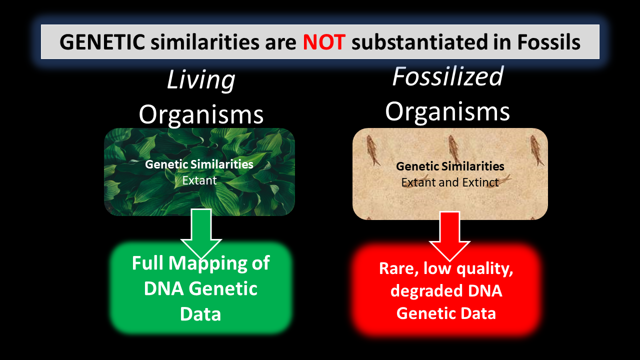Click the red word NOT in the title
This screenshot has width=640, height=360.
pos(324,42)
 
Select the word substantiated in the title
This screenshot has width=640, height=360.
pos(418,42)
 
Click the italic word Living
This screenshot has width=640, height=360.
pos(200,80)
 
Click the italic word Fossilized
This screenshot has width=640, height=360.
pos(447,76)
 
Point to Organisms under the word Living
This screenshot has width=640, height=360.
pos(200,114)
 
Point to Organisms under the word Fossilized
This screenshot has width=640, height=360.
pos(447,111)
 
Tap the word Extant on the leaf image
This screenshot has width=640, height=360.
pos(199,180)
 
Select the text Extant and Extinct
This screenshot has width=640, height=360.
pos(450,182)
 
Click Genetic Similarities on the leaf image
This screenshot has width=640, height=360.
pos(199,164)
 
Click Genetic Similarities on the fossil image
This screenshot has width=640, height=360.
pos(450,166)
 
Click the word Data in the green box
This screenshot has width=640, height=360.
pos(200,314)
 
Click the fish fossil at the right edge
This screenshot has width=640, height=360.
pos(537,150)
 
